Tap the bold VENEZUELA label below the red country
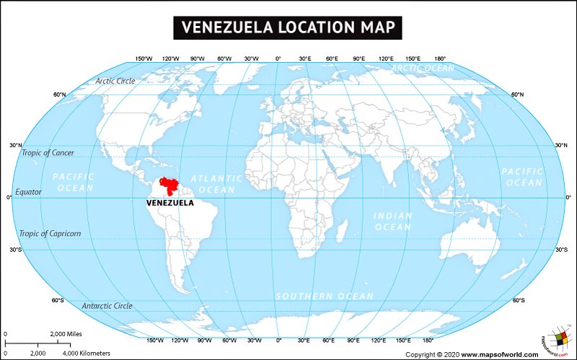(x=169, y=203)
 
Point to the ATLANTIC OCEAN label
(x=216, y=183)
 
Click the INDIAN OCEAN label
(x=392, y=221)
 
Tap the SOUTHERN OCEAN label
(x=325, y=296)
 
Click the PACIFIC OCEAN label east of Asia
(x=522, y=177)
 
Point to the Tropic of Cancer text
(x=48, y=152)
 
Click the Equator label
(x=30, y=192)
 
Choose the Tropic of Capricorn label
(x=50, y=233)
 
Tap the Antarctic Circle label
(x=107, y=306)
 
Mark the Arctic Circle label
(x=115, y=81)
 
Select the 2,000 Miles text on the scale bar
(x=67, y=334)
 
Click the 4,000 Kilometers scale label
(x=87, y=353)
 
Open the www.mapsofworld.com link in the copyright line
(x=499, y=354)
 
